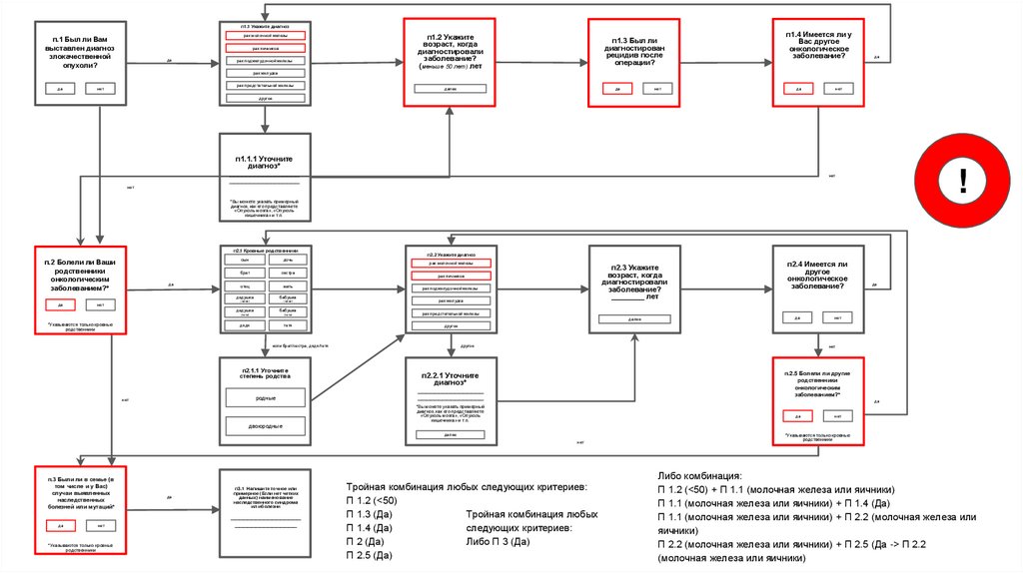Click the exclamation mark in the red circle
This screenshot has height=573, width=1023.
point(963,181)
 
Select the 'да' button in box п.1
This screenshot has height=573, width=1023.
point(61,89)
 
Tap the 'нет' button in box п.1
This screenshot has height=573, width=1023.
point(100,89)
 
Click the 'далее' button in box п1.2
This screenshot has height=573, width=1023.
point(451,89)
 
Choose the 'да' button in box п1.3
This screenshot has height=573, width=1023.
point(618,89)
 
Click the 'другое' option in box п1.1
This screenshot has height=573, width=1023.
point(265,99)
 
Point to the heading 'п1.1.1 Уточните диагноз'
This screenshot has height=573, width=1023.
point(265,162)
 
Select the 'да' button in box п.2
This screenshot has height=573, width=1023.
point(61,304)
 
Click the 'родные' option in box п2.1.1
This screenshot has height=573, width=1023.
point(266,397)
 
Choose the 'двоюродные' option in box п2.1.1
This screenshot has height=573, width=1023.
point(266,426)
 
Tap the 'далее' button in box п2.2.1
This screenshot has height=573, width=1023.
point(451,434)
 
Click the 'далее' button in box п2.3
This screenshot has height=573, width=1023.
point(633,319)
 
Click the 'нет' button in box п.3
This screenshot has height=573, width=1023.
point(100,525)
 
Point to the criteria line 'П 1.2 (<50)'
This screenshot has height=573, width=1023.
point(372,499)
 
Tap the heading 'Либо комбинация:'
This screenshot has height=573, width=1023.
point(701,476)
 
